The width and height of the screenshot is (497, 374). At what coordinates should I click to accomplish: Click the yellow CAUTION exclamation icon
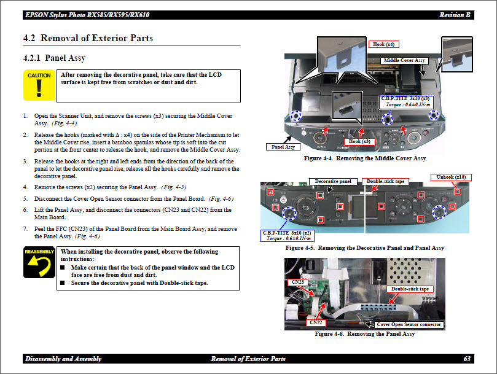(39, 85)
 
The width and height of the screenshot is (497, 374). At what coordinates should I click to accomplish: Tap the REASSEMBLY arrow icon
(39, 263)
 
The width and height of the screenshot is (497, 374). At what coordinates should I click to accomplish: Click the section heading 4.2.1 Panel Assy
(55, 58)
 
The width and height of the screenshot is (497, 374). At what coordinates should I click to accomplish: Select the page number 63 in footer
(467, 359)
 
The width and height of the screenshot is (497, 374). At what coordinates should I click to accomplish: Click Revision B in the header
(455, 15)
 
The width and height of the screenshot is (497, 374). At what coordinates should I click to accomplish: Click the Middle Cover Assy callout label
(404, 61)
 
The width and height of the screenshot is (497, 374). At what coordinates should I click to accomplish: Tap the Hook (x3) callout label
(359, 142)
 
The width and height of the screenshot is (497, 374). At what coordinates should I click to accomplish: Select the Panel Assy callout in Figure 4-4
(282, 147)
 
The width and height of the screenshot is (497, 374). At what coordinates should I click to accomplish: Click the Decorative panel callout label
(334, 182)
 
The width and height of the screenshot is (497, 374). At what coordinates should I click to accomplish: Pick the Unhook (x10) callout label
(452, 177)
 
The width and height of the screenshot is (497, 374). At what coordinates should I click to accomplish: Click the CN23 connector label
(298, 282)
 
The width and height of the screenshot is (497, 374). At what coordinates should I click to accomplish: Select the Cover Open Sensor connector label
(409, 324)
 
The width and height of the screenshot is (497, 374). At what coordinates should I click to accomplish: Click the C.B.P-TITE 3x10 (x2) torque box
(287, 236)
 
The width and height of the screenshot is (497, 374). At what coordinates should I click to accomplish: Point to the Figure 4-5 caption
(365, 248)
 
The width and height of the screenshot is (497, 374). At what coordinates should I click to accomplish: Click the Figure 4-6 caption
(364, 334)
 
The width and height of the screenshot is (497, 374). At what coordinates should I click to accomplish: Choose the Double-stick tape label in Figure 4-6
(410, 289)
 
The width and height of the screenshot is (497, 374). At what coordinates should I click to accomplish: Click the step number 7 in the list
(25, 229)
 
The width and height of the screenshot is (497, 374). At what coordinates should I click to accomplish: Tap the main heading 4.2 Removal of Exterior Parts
(88, 38)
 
